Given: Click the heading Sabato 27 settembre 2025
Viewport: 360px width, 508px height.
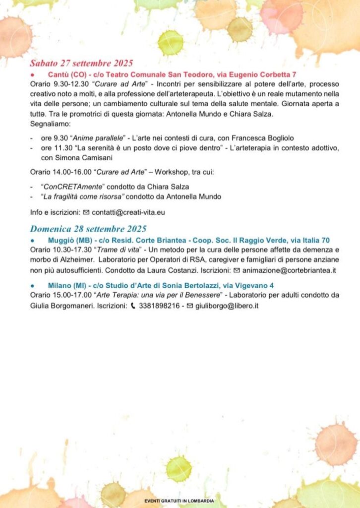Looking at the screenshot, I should (81, 63).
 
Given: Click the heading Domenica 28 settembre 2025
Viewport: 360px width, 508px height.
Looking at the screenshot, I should (88, 229).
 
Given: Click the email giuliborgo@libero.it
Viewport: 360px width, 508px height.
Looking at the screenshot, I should (227, 306).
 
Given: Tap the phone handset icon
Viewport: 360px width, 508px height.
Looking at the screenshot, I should (133, 306).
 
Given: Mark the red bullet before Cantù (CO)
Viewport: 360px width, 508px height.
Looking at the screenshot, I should (32, 74).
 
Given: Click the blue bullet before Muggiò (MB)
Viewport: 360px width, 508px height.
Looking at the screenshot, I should (32, 240).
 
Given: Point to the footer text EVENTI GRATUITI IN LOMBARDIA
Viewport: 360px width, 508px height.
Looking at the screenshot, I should (180, 501).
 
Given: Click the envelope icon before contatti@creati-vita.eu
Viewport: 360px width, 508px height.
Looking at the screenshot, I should (86, 212).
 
